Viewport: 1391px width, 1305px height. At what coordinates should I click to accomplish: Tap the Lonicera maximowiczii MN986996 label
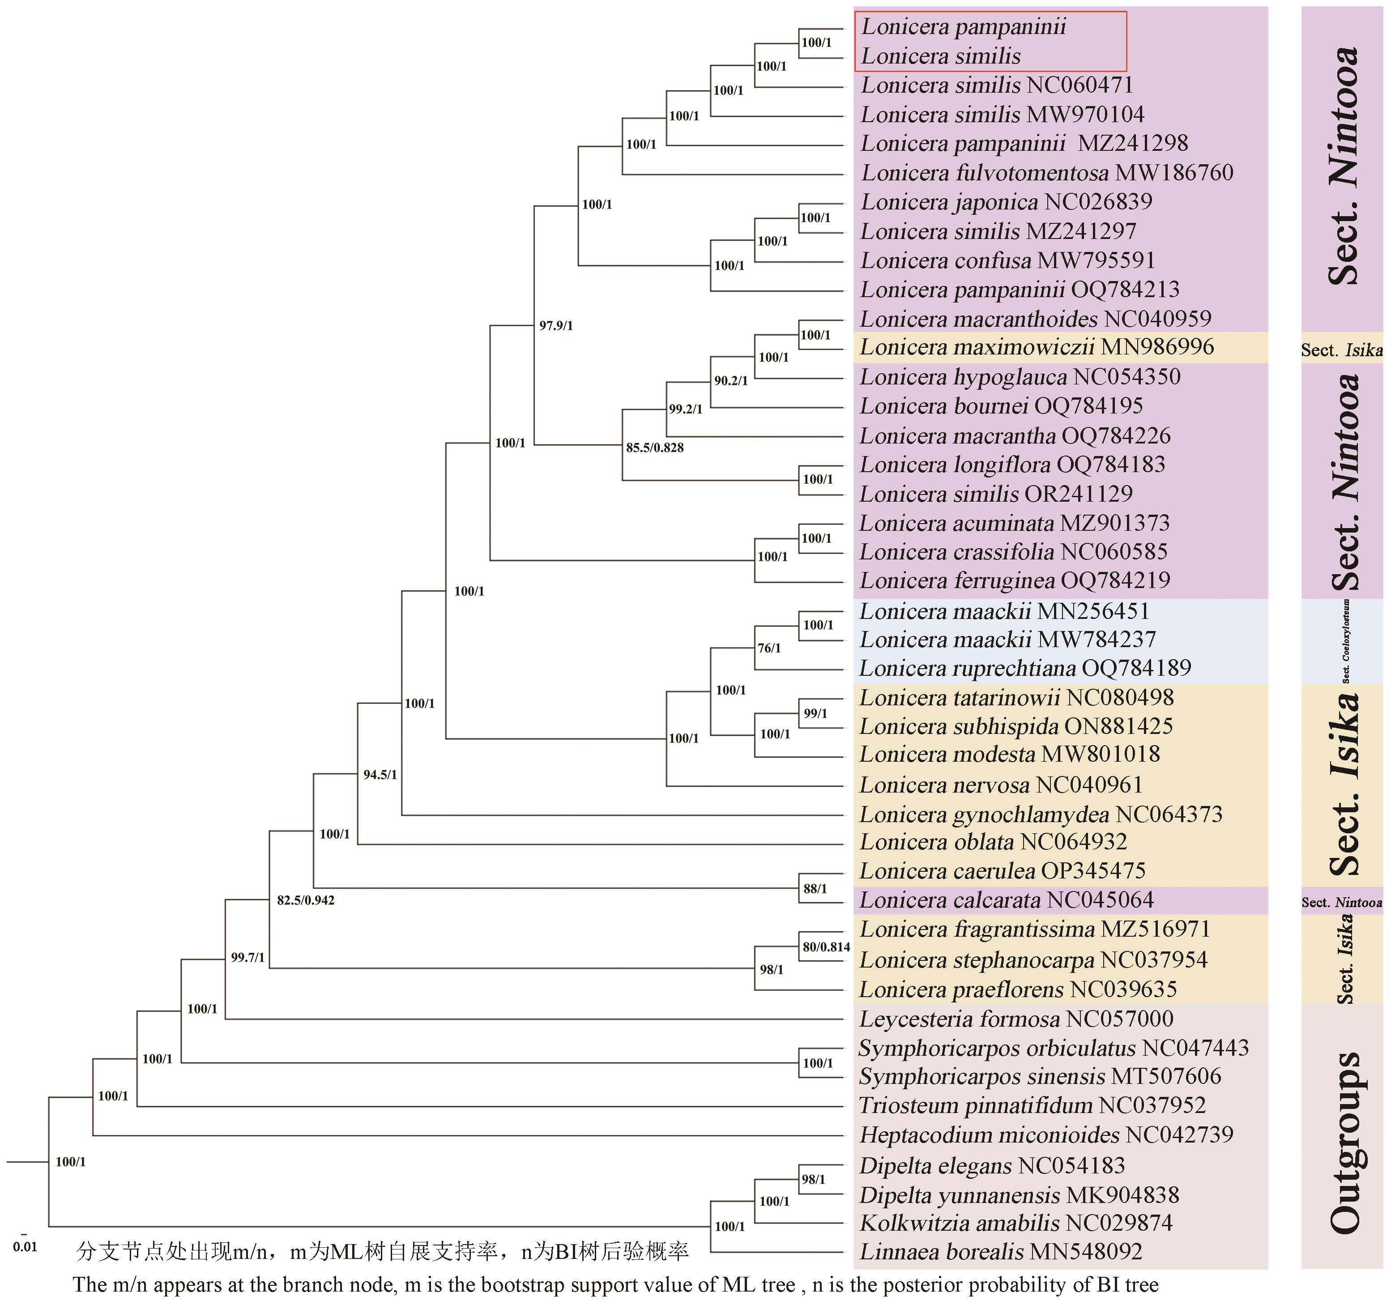point(1037,347)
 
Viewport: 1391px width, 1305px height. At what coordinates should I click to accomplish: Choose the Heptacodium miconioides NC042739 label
point(1046,1135)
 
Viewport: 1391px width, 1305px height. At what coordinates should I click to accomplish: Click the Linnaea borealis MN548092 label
point(1001,1251)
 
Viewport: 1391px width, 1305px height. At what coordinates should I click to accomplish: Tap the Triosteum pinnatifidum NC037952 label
point(1032,1105)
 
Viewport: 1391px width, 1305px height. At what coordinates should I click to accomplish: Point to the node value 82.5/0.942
point(305,900)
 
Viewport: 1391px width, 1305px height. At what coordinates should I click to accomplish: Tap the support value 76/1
point(769,648)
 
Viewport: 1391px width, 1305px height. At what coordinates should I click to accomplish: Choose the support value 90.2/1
point(730,381)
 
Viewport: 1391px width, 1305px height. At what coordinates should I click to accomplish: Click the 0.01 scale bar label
point(25,1247)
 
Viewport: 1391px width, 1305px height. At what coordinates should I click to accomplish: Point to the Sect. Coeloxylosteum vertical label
point(1345,641)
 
